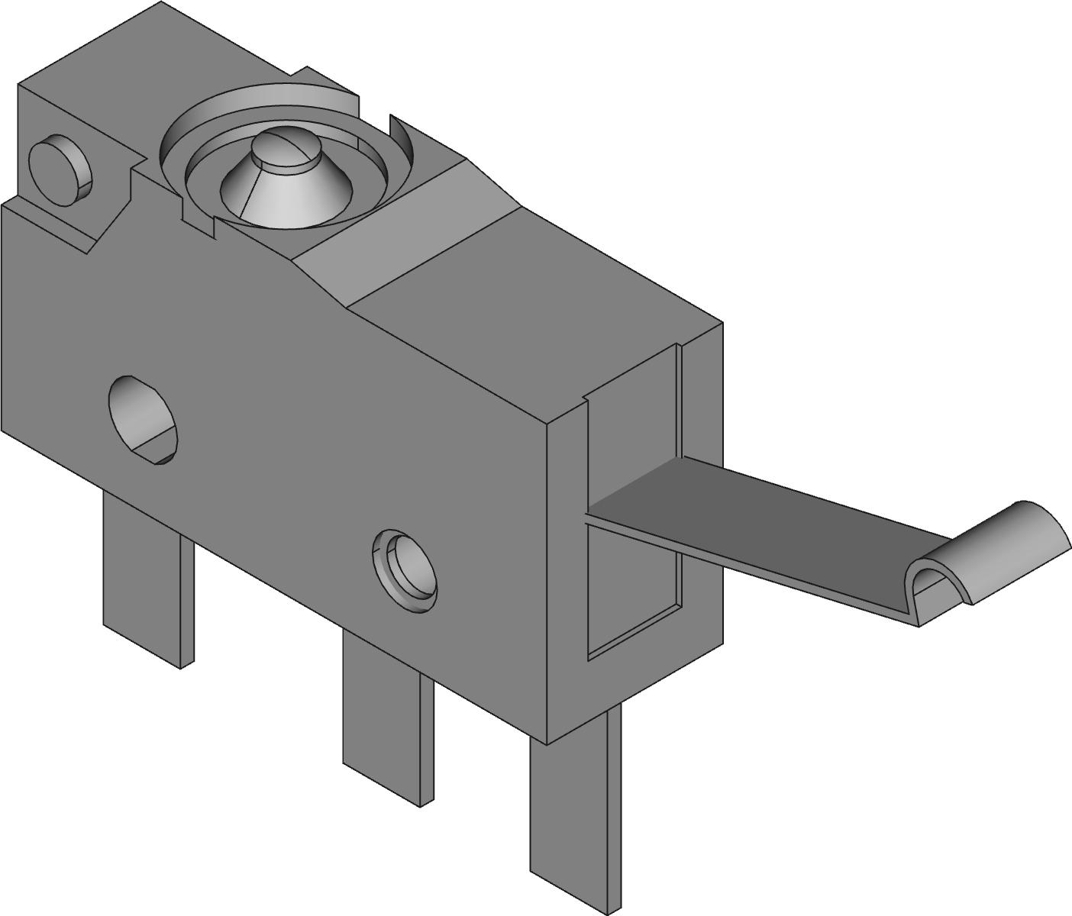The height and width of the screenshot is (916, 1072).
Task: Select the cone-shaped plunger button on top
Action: pos(286,187)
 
